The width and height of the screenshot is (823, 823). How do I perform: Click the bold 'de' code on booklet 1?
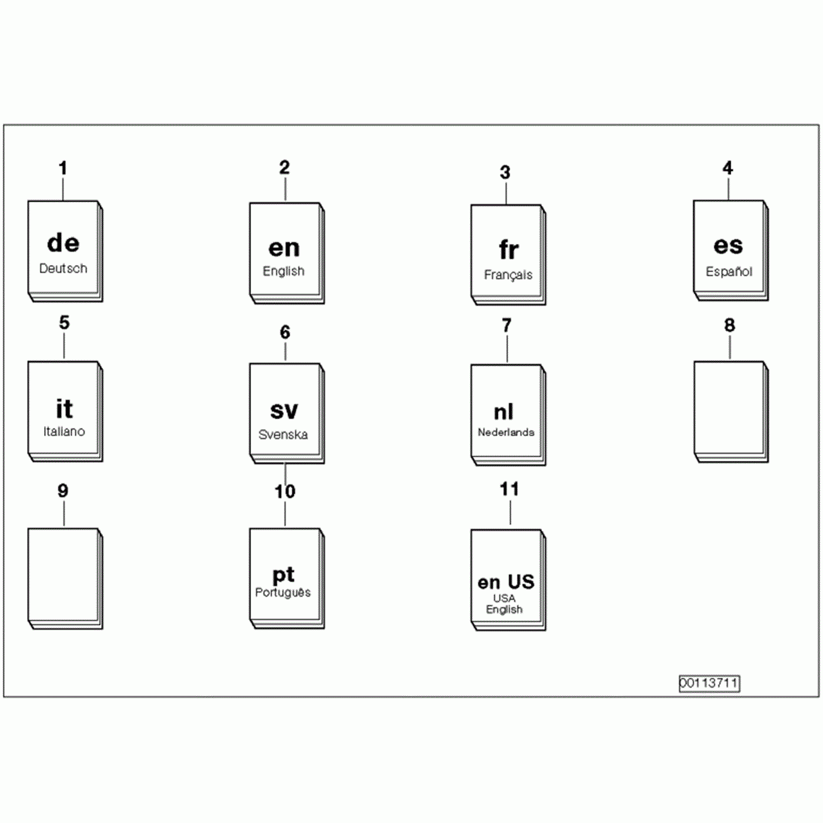tap(63, 243)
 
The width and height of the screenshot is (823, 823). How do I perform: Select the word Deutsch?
tap(63, 269)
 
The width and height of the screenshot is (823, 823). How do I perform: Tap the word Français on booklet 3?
tap(508, 275)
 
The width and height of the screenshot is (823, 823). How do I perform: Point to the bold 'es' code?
tap(728, 245)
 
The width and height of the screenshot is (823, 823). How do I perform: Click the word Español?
tap(729, 272)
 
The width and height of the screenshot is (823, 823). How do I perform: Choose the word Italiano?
tap(63, 431)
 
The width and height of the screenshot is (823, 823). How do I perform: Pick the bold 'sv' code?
tap(284, 410)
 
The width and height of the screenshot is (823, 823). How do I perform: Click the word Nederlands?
tap(506, 432)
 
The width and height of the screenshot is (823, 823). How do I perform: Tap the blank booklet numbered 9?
tap(63, 576)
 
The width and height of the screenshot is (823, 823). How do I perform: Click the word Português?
tap(283, 593)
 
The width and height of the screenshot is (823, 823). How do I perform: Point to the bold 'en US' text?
tap(506, 582)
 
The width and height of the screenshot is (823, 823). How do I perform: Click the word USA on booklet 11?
tap(504, 598)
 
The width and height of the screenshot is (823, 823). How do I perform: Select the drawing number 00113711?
tap(709, 683)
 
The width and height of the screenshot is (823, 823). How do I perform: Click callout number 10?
tap(285, 491)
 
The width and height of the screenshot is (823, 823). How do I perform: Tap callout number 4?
tap(728, 168)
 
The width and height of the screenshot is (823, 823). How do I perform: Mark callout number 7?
tap(507, 325)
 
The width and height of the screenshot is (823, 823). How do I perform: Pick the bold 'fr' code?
tap(508, 250)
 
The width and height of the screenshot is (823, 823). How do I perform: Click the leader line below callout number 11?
tap(510, 513)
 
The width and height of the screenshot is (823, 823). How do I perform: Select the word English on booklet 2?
tap(283, 271)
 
